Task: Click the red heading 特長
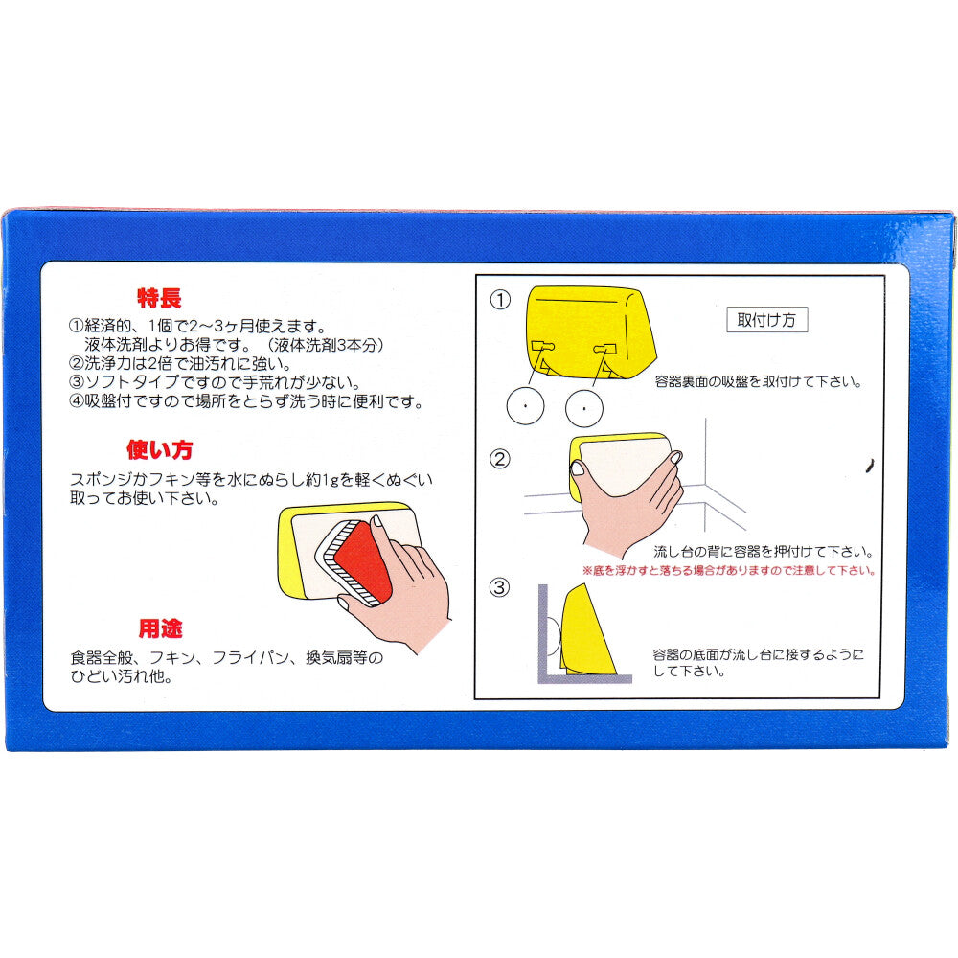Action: pos(158,298)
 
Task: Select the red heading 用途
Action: pos(161,628)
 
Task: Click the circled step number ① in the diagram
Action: pos(500,300)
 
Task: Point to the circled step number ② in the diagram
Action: pos(500,458)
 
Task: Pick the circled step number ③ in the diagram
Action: pos(500,587)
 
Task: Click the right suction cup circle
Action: pos(583,409)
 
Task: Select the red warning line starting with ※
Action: pos(728,570)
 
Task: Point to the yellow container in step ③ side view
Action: pos(587,632)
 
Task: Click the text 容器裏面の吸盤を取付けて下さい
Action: pos(758,381)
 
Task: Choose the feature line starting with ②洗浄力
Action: pos(180,363)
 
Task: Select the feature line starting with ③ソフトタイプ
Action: pos(214,382)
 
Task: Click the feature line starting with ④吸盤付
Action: pos(246,402)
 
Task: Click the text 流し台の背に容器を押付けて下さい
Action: pos(762,552)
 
